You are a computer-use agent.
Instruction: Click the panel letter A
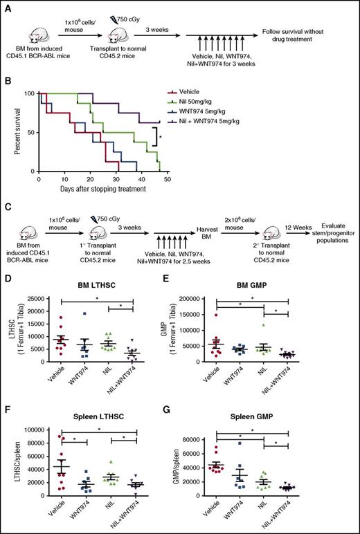point(6,6)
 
